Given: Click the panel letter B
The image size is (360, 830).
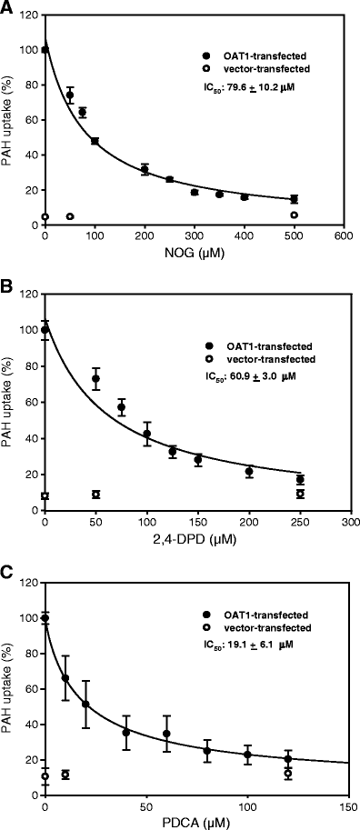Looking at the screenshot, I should click(x=6, y=288).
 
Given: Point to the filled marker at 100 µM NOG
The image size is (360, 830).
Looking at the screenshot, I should click(x=95, y=141).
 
